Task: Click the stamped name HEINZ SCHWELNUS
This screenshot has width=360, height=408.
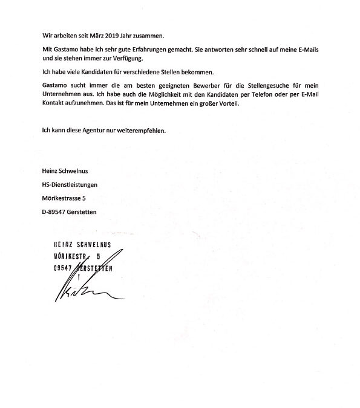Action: (x=88, y=245)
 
